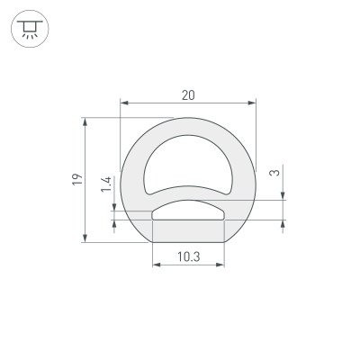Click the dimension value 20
point(188,94)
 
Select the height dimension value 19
point(78,179)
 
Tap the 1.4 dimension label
point(106,184)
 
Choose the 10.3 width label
point(188,256)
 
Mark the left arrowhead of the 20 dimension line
point(124,104)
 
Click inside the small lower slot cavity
point(188,211)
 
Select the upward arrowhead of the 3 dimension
point(284,226)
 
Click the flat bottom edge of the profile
point(188,242)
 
